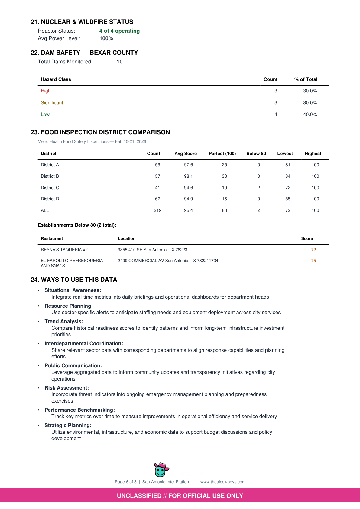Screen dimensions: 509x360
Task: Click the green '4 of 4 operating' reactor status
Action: [x=119, y=31]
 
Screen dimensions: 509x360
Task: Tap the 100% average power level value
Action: [x=106, y=38]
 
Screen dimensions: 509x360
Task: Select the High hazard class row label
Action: [x=46, y=91]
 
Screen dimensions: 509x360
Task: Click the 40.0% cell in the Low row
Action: [x=310, y=115]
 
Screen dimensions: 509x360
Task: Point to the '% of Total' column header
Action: [x=306, y=79]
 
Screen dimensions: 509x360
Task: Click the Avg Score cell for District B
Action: [x=188, y=176]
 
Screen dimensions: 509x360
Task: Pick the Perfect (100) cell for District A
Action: [x=224, y=165]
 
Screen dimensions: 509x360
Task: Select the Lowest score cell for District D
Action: [x=287, y=199]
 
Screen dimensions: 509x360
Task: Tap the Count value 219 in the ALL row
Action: [x=157, y=210]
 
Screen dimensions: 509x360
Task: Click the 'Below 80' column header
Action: [x=256, y=154]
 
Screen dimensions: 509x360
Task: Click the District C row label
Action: [x=50, y=188]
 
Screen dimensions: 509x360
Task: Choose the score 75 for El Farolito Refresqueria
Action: [x=313, y=261]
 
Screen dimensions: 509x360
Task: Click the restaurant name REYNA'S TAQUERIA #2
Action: [x=64, y=250]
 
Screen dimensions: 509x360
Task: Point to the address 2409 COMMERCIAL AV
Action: [x=168, y=261]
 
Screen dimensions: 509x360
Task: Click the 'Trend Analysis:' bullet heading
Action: [x=64, y=321]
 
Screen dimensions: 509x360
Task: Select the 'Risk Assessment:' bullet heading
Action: [x=66, y=388]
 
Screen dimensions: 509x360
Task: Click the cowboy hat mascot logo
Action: [x=161, y=469]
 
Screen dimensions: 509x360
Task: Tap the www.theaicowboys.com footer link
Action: [x=223, y=482]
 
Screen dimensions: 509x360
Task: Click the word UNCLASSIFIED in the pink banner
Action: [x=139, y=496]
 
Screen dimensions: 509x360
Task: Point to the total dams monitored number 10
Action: [x=119, y=62]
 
